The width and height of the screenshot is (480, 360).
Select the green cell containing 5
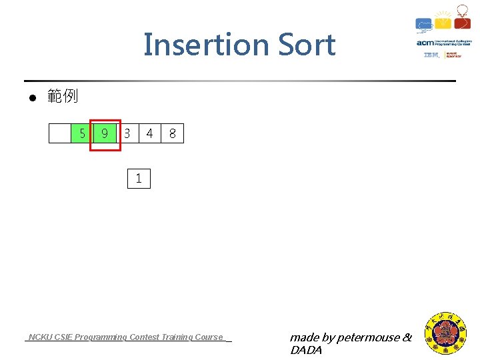81,134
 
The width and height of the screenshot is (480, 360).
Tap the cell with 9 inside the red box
105,134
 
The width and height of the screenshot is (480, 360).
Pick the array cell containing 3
127,134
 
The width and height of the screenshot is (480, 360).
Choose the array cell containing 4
149,134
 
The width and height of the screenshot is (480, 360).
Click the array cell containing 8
173,134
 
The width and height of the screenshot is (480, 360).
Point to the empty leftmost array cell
59,134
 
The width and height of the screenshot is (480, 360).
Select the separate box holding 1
139,179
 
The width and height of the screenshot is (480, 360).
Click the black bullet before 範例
31,98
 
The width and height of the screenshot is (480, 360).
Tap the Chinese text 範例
63,97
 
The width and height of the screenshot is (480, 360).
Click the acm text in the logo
425,43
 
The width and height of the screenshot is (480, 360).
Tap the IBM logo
431,55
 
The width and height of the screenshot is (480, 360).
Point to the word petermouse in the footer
369,338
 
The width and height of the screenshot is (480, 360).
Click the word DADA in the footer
306,350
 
